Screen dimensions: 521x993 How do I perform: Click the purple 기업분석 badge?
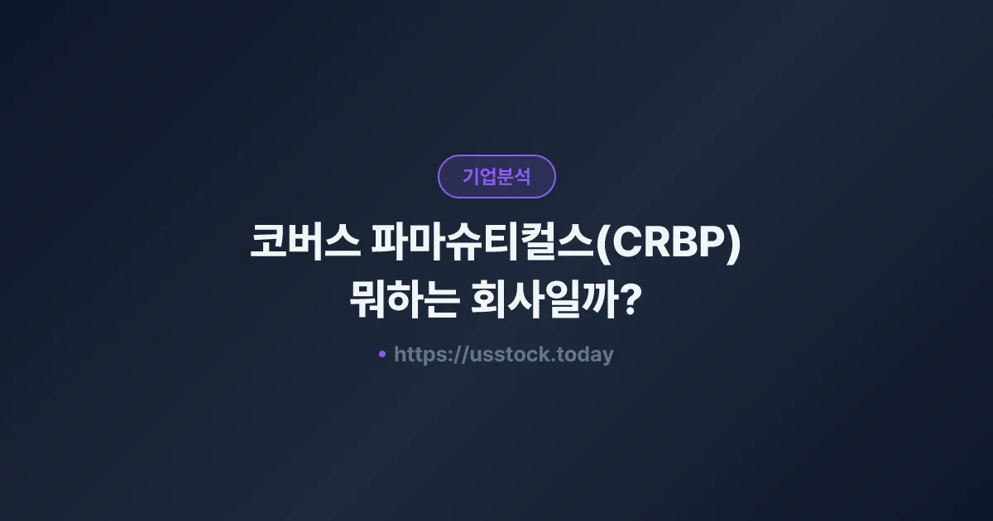(496, 176)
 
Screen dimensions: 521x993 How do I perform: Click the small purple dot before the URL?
(382, 354)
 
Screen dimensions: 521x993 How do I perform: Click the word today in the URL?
(587, 355)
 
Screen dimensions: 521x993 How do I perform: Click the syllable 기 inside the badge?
(471, 176)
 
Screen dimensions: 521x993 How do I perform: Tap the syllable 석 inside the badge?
(522, 176)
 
